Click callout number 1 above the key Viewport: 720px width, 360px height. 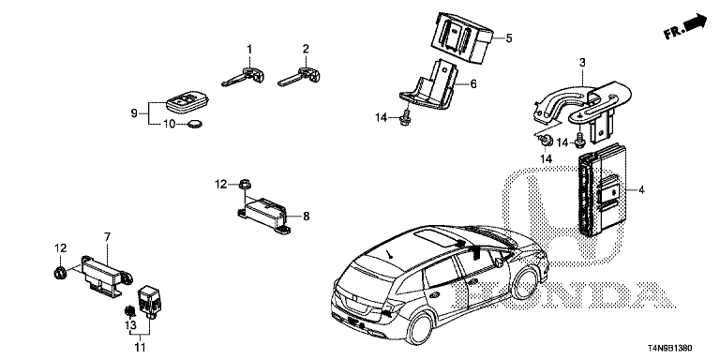click(249, 49)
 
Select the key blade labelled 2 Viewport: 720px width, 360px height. click(300, 76)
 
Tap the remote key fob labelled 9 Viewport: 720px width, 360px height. click(187, 102)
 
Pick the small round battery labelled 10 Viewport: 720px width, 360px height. click(196, 124)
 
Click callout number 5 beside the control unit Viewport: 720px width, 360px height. click(508, 38)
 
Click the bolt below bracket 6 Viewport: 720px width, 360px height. click(404, 118)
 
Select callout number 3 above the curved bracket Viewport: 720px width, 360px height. click(582, 63)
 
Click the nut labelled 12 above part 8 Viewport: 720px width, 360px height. click(244, 185)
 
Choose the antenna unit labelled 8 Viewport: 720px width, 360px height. click(264, 214)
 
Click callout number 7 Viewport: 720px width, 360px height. click(107, 237)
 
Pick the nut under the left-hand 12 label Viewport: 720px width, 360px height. click(59, 273)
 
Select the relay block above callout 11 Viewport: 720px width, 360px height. click(150, 301)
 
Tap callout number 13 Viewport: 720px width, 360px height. click(131, 324)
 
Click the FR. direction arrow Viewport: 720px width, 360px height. click(686, 26)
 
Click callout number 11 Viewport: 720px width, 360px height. click(140, 346)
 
